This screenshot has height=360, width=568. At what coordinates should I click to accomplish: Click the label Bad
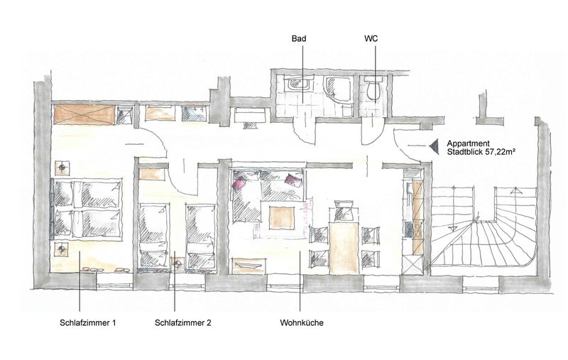pyautogui.click(x=298, y=38)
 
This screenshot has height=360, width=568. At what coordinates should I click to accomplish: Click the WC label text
pyautogui.click(x=371, y=38)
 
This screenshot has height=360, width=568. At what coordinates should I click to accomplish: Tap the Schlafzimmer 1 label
pyautogui.click(x=87, y=322)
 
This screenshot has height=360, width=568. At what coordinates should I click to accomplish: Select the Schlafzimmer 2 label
pyautogui.click(x=183, y=322)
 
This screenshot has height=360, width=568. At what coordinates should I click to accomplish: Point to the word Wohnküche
pyautogui.click(x=302, y=322)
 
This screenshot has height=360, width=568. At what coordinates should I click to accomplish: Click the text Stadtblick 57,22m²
pyautogui.click(x=481, y=152)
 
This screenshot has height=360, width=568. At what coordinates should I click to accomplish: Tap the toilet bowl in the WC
pyautogui.click(x=373, y=87)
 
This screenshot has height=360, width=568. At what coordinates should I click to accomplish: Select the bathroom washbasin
pyautogui.click(x=298, y=85)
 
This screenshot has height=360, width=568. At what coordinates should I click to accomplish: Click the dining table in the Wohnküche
pyautogui.click(x=344, y=249)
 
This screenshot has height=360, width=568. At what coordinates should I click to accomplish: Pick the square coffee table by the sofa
pyautogui.click(x=282, y=217)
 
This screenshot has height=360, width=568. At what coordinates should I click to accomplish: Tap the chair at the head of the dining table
pyautogui.click(x=344, y=211)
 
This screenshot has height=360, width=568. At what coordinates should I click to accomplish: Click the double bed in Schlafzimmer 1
pyautogui.click(x=87, y=209)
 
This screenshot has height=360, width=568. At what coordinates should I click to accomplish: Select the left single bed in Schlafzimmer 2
pyautogui.click(x=154, y=237)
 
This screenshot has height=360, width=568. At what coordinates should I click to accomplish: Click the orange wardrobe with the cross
pyautogui.click(x=84, y=115)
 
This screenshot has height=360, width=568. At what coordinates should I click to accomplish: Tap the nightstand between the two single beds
pyautogui.click(x=177, y=264)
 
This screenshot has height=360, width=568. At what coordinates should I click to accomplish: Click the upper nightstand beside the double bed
pyautogui.click(x=62, y=168)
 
